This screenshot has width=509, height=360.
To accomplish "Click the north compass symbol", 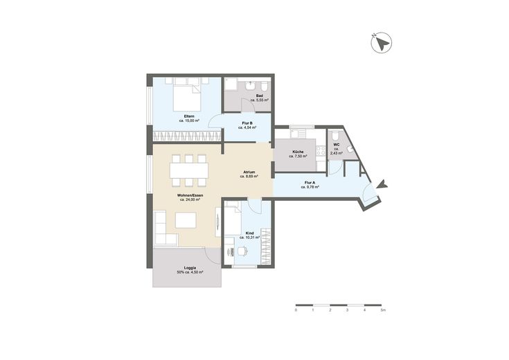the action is pos(381,42).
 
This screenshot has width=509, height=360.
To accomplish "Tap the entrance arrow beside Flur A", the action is pos(382,184).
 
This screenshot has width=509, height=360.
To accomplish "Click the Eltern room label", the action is pos(189,116).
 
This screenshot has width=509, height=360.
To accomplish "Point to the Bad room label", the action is pos(260,96).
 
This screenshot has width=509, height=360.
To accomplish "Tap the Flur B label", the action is pos(247,123).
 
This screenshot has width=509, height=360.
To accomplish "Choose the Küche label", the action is pos(298,152).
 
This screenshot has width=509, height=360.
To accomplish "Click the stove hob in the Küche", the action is pos(321,150).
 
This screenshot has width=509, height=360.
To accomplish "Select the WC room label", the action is pos(336,145).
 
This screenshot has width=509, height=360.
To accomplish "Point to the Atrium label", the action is pos(249,172).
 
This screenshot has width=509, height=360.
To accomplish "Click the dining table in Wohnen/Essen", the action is pos(189,170).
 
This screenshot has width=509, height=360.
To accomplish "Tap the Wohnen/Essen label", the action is pos(190,195).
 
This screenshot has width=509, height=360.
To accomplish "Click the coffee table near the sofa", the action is pos(186,220).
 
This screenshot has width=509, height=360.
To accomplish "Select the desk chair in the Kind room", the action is pos(243,251).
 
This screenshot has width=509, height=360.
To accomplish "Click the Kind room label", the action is pos(249,233).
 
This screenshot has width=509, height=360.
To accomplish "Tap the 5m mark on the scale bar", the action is pos(384,310).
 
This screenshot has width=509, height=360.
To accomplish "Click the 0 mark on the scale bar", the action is pos(296,310).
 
